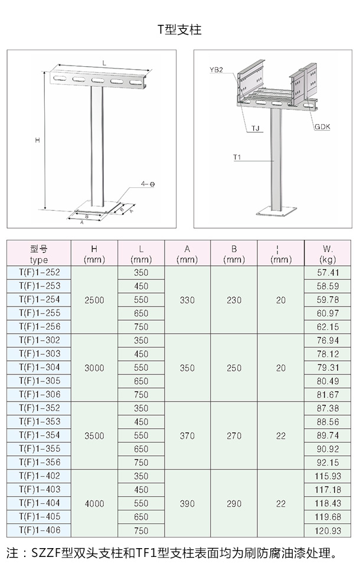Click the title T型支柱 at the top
pos(179,30)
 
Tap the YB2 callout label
pos(216,70)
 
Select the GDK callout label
pos(322,126)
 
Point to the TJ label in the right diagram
pos(256,128)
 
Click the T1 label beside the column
pos(237,157)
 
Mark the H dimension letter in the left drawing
pos(38,140)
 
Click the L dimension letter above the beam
pos(104,63)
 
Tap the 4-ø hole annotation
pos(148,184)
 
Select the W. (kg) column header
pos(328,254)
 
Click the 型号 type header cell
pos(39,254)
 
